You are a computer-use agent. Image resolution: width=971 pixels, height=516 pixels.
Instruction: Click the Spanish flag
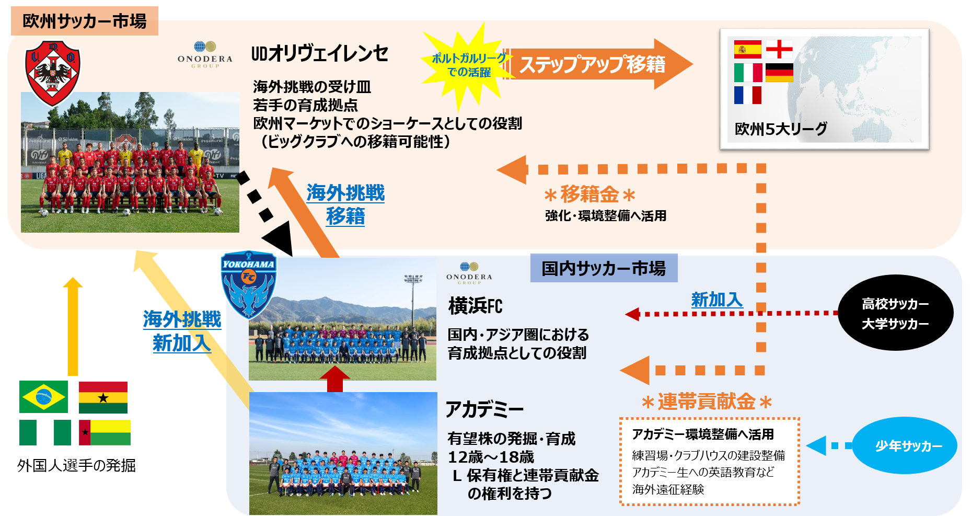point(747,49)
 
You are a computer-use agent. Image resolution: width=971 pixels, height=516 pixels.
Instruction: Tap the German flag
point(779,73)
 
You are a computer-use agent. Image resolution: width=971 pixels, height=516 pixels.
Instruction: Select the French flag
point(747,95)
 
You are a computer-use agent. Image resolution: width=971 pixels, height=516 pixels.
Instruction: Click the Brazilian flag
point(43,397)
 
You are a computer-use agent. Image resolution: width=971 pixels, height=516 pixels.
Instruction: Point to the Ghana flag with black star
point(103,397)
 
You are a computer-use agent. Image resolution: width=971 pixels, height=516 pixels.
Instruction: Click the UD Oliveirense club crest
point(53,72)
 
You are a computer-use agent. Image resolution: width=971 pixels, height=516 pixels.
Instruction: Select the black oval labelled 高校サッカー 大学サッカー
point(895,313)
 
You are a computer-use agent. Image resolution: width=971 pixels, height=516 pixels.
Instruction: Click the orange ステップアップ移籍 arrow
point(596,64)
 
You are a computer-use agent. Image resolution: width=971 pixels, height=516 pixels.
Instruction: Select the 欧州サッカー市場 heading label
point(84,21)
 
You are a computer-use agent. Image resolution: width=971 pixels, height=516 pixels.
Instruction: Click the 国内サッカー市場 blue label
point(604,268)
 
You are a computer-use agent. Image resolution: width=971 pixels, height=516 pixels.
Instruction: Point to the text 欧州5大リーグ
point(781,129)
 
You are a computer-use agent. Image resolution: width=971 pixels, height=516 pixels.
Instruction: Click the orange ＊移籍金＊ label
point(589,194)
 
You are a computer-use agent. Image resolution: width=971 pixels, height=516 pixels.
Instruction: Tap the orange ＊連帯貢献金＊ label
point(707,402)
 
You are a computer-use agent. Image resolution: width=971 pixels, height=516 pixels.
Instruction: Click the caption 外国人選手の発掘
point(76,465)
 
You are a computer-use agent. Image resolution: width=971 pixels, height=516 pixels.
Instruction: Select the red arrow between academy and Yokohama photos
point(334,379)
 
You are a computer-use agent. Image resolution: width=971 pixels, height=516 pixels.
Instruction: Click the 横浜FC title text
point(475,306)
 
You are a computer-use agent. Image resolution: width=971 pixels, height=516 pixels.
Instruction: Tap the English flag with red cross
point(779,49)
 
